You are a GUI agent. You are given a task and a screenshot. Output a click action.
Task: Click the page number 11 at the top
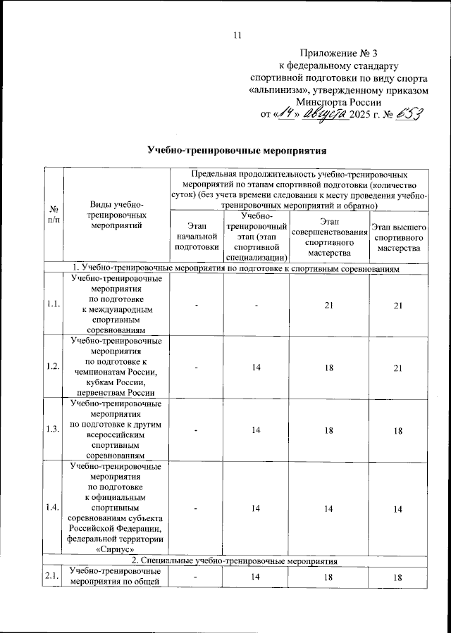pos(236,35)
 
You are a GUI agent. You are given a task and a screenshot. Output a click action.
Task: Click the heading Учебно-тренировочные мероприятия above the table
pos(237,150)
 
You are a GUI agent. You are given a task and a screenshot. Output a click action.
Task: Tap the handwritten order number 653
pos(409,114)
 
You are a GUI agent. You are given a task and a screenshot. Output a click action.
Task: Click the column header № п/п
pos(54,215)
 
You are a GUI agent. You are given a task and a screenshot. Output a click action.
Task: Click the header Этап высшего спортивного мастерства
pos(399,237)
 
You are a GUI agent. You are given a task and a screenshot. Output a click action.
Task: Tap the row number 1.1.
pos(54,303)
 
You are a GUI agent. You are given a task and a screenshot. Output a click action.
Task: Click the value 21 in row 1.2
pos(399,366)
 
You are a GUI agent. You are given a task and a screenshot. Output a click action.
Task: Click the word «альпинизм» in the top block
pos(283,89)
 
